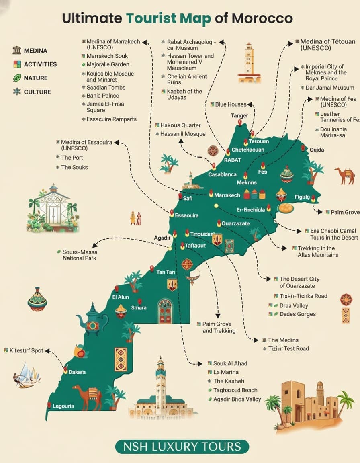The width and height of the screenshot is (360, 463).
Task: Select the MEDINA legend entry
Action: coord(35,51)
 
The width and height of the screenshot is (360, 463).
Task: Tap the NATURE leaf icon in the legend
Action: coord(17,78)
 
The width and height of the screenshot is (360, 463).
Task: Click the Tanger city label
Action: coord(239,116)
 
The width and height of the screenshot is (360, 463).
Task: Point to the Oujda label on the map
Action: coord(317,150)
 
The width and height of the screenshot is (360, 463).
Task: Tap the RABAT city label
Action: coord(233,160)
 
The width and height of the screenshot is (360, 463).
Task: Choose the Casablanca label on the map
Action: coord(222,174)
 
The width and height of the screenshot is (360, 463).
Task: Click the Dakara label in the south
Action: coord(77,372)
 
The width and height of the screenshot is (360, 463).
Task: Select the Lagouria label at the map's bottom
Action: coord(63,406)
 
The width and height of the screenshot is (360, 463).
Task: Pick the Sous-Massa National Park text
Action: coord(80,255)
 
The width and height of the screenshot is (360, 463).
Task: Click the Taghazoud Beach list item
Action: coord(235,390)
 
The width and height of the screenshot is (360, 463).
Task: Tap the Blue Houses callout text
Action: coord(231,104)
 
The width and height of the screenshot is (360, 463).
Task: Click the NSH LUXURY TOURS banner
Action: coord(182,447)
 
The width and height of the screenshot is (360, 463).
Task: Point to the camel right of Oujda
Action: coord(345,175)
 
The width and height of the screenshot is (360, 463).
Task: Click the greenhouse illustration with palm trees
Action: coord(53,209)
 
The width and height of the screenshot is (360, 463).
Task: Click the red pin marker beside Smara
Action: coord(140,301)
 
